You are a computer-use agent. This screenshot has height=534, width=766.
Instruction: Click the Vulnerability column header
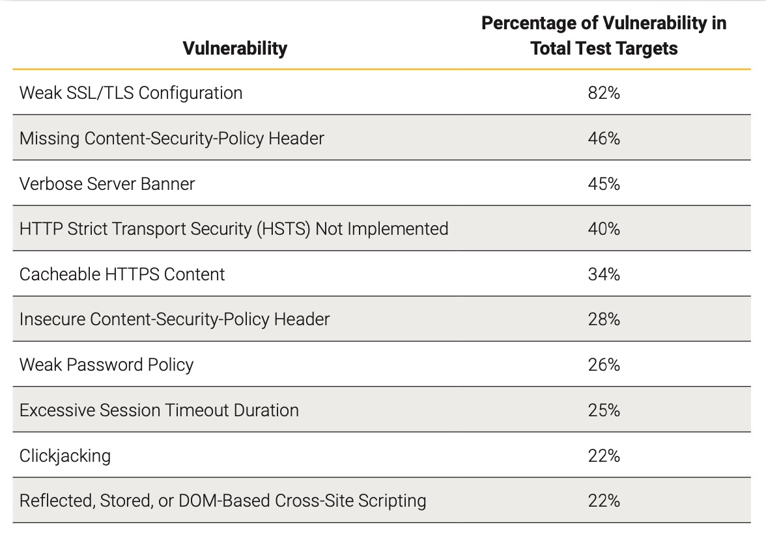click(234, 49)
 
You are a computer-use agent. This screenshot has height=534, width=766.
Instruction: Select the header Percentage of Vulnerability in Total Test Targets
click(604, 36)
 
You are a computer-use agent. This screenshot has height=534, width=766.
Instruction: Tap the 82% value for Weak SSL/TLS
click(603, 93)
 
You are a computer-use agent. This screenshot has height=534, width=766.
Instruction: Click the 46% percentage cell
click(603, 139)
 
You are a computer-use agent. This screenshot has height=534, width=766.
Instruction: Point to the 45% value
click(603, 184)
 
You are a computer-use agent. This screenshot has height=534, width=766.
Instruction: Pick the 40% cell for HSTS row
click(603, 229)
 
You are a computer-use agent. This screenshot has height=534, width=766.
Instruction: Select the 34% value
click(603, 274)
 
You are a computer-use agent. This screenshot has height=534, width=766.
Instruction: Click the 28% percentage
click(603, 319)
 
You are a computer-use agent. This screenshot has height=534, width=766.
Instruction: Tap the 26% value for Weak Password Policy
click(603, 365)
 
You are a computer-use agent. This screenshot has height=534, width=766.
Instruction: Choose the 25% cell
click(603, 410)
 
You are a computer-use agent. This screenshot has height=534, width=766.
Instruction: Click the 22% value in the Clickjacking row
click(603, 456)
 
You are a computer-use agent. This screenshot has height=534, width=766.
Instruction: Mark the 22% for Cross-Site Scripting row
click(603, 501)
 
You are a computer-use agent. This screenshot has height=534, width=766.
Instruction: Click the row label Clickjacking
click(65, 456)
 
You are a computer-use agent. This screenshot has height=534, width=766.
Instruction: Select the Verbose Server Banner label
click(107, 184)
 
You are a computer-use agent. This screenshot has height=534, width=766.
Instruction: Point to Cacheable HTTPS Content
click(122, 274)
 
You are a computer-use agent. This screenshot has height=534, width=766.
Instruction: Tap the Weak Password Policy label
click(106, 365)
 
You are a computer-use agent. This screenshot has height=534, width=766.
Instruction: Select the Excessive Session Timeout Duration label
click(159, 410)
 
